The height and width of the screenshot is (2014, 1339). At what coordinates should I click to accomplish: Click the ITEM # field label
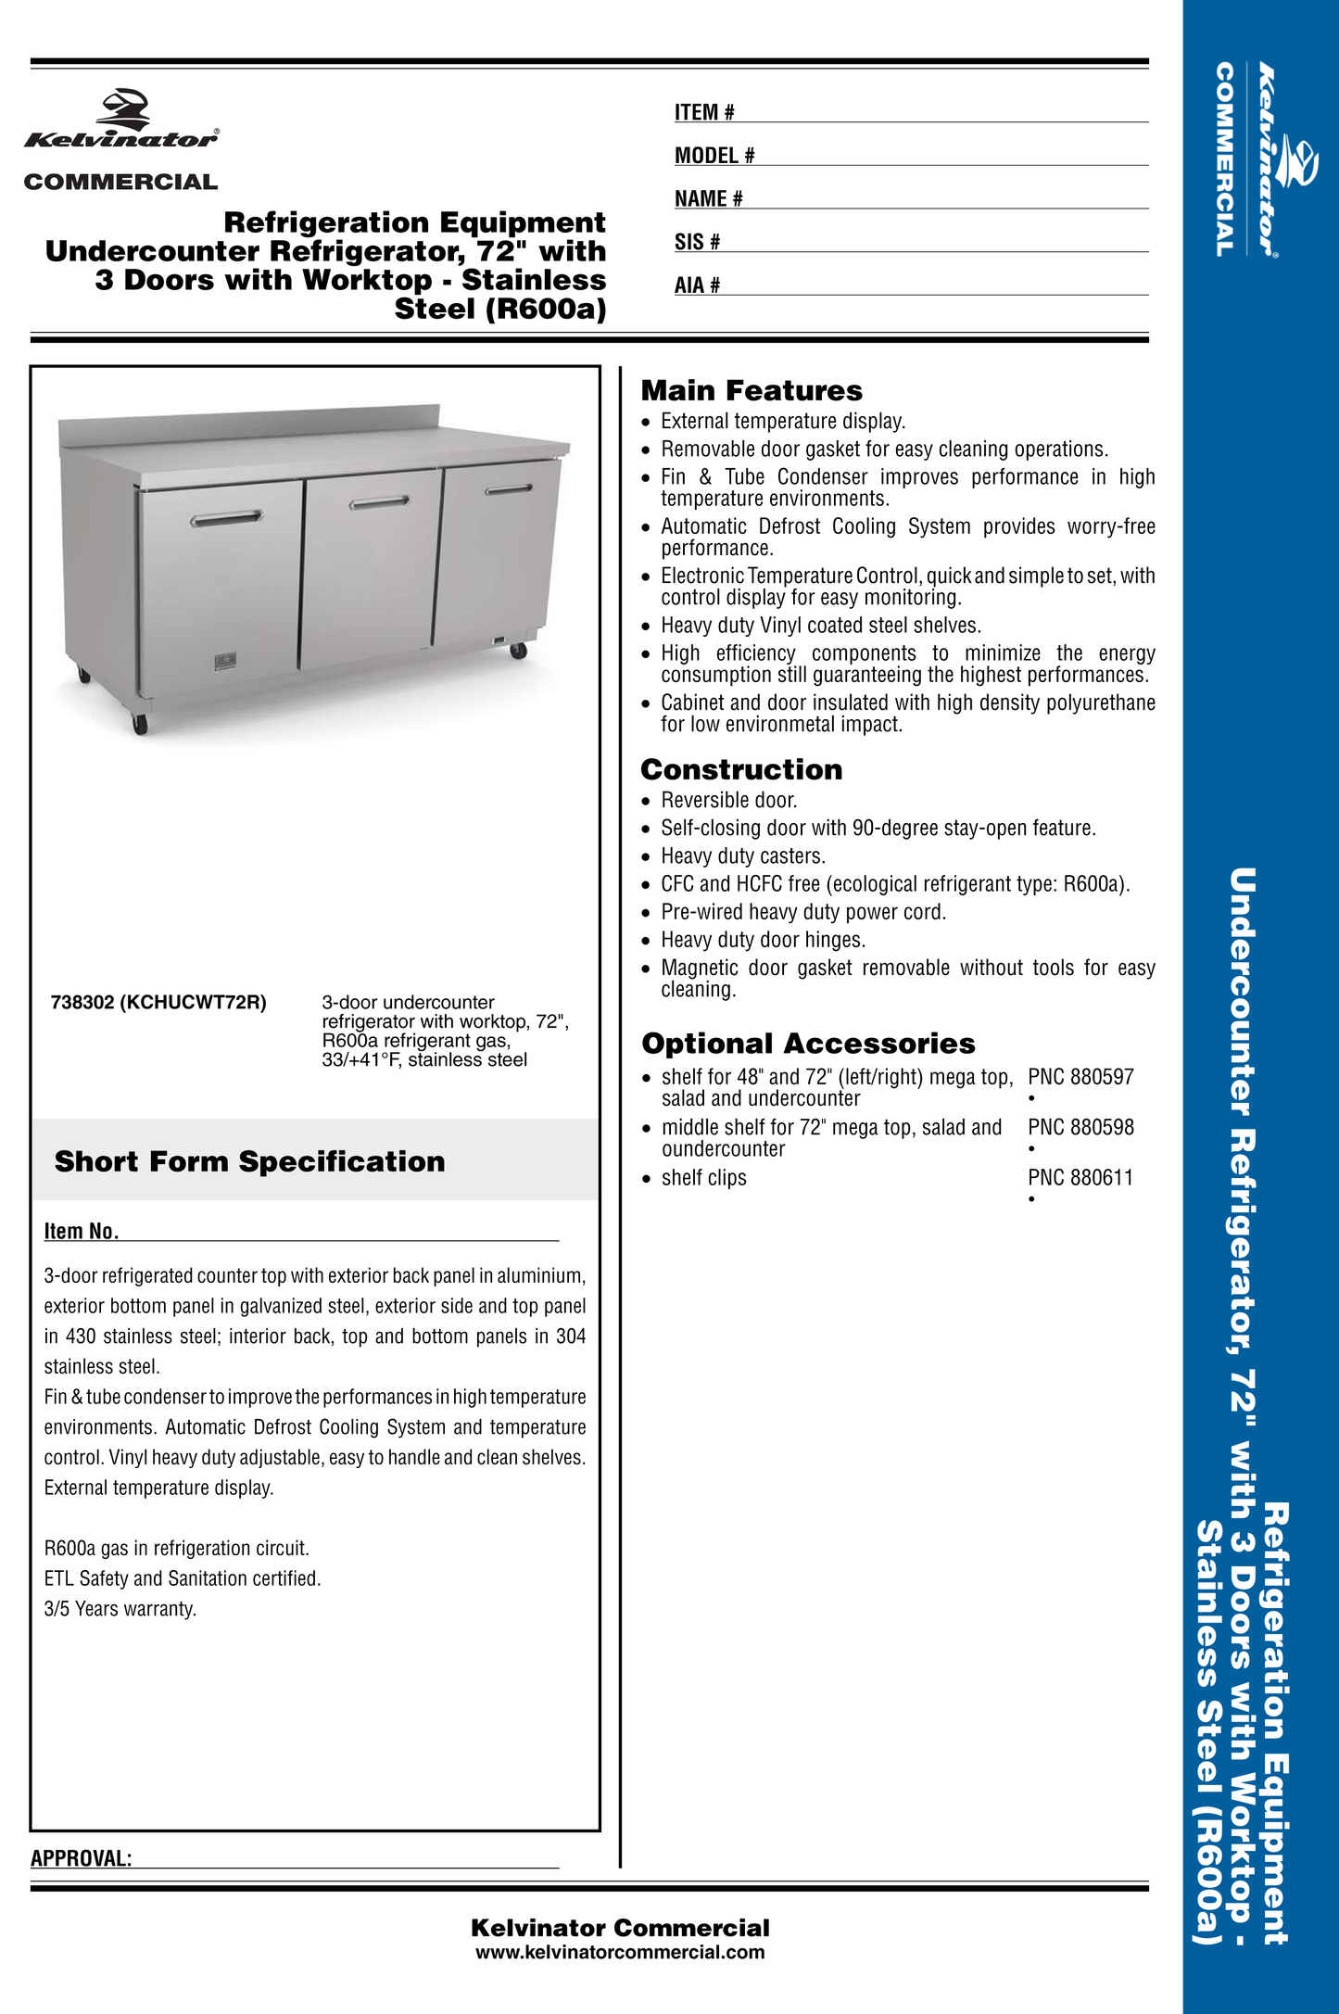tap(704, 112)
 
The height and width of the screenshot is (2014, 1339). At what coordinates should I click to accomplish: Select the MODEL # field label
tap(714, 156)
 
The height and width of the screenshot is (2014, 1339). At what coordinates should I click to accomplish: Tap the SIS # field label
tap(697, 242)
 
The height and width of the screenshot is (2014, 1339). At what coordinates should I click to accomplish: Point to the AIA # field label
tap(697, 285)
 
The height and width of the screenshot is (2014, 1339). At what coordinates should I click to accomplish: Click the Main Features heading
tap(752, 390)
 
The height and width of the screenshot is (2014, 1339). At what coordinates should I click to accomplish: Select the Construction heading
tap(741, 769)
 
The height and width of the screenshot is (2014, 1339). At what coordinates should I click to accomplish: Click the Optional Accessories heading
tap(808, 1044)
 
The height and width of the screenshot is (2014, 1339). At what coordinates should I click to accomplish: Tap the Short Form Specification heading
tap(249, 1161)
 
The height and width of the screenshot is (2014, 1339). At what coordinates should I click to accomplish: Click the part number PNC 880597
tap(1080, 1077)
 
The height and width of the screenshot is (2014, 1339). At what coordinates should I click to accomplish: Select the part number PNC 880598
tap(1080, 1127)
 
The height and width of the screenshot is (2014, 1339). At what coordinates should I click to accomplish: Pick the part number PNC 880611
tap(1080, 1177)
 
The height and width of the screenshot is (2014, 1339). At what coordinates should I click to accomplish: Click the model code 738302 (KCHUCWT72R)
tap(158, 1002)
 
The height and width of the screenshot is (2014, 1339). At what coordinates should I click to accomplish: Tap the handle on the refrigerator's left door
tap(227, 518)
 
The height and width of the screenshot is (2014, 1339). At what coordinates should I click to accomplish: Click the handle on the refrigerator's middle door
tap(379, 501)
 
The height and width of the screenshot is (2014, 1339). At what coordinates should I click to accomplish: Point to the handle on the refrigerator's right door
tap(509, 488)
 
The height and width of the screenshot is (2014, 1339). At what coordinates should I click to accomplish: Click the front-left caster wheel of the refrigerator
tap(140, 724)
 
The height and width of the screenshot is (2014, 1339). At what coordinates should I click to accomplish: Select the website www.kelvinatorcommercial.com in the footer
tap(620, 1953)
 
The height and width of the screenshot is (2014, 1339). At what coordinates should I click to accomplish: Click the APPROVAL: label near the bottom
tap(82, 1858)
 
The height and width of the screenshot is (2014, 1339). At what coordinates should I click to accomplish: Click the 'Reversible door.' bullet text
tap(728, 800)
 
